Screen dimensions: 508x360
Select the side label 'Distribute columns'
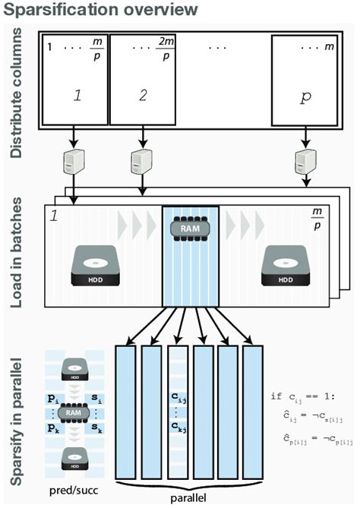point(16,90)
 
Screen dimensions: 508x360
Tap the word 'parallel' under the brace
point(191,499)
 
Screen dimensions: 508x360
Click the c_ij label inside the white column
point(176,395)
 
